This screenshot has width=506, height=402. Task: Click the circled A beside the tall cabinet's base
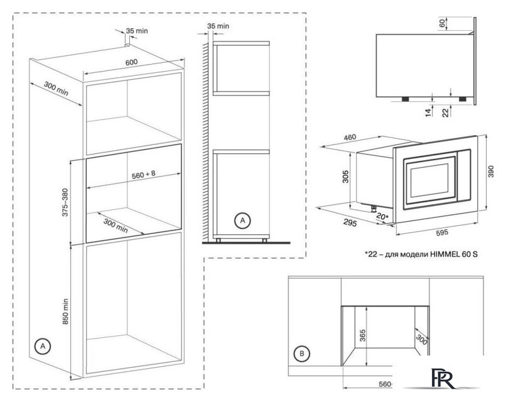tap(42, 345)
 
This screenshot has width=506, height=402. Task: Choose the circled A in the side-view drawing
tap(241, 220)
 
